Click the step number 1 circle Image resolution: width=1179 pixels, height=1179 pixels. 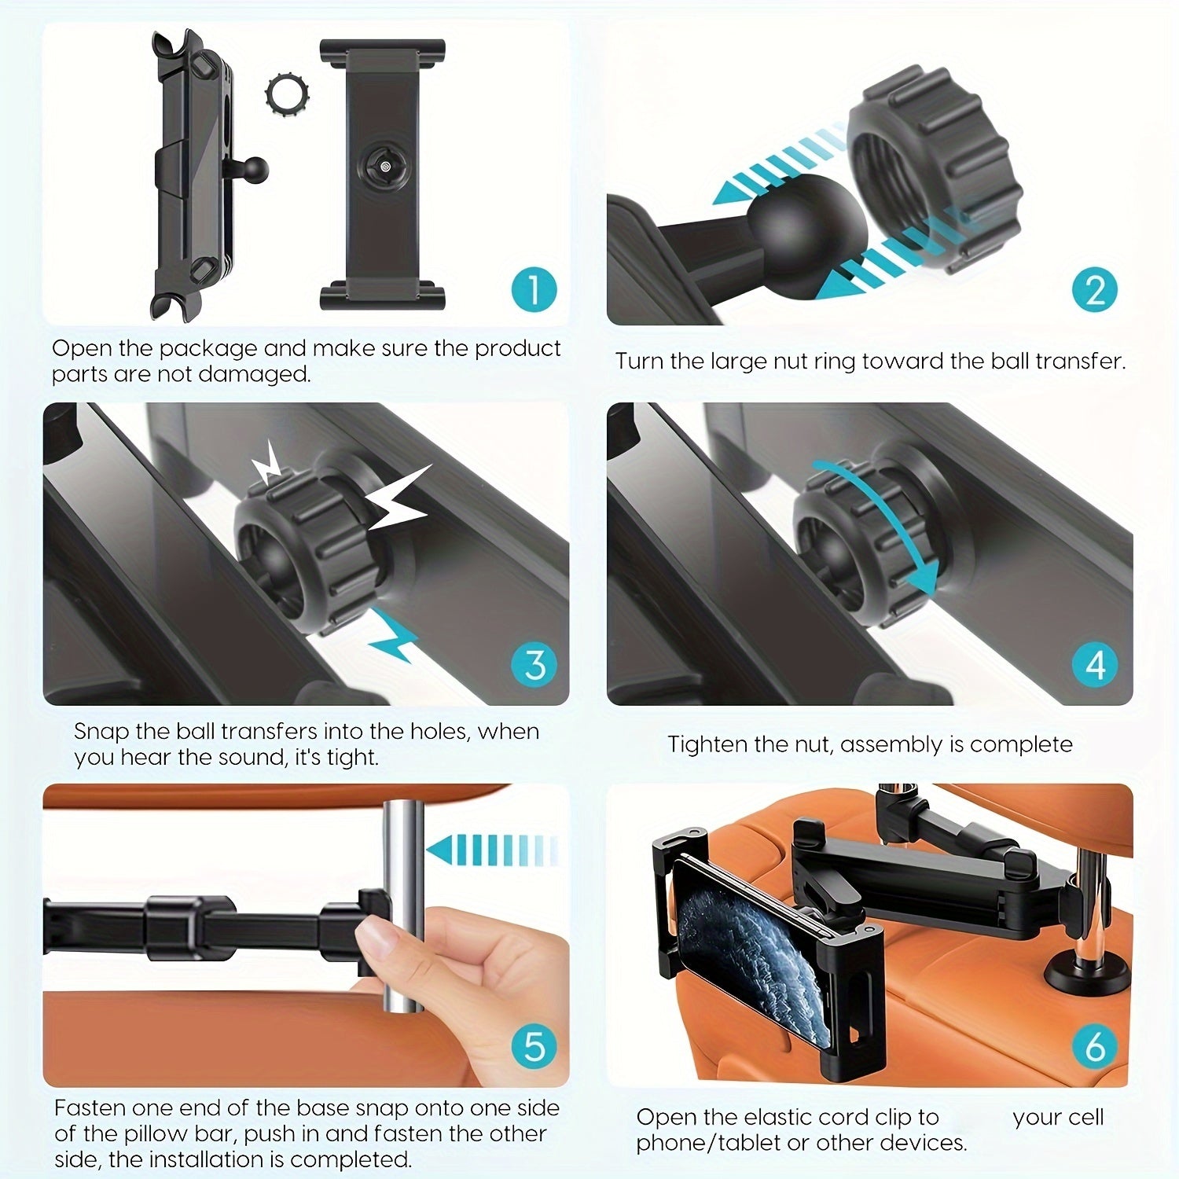tap(534, 289)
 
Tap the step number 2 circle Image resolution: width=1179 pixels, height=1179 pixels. tap(1095, 289)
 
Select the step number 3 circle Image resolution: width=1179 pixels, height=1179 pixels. tap(534, 664)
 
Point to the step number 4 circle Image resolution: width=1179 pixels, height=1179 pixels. tap(1095, 664)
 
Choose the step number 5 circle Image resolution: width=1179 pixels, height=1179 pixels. tap(534, 1046)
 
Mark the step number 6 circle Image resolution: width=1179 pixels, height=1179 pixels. tap(1095, 1046)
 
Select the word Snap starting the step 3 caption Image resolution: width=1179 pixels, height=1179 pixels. tap(100, 731)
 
